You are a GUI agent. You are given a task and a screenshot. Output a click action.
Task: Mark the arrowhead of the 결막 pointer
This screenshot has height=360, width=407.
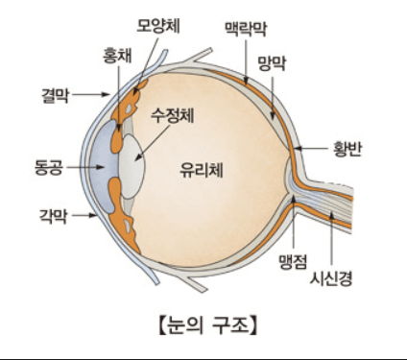tap(108, 94)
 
